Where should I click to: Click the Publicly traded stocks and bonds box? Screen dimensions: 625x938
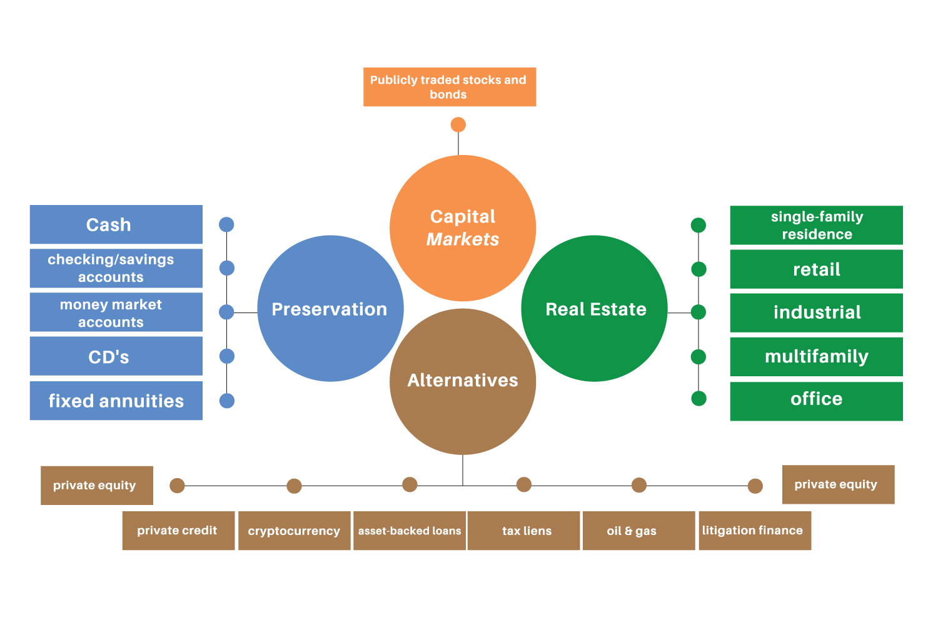tap(450, 87)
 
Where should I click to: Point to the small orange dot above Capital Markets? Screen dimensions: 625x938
tap(458, 125)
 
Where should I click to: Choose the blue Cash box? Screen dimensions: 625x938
tap(116, 224)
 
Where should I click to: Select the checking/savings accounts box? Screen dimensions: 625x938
tap(116, 268)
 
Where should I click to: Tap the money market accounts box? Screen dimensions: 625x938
tap(116, 312)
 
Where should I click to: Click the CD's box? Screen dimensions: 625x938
tap(116, 356)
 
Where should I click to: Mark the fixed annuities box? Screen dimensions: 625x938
tap(116, 401)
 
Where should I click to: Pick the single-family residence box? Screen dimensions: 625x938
tap(816, 225)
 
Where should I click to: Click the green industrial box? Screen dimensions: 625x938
tap(816, 312)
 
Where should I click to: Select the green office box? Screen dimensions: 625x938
tap(816, 401)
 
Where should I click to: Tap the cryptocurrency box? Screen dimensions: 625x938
tap(295, 531)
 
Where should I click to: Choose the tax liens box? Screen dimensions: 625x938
tap(524, 531)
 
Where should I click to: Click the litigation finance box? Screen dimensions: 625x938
tap(755, 531)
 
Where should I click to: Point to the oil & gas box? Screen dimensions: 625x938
tap(638, 531)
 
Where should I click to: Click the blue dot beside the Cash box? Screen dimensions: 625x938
tap(227, 224)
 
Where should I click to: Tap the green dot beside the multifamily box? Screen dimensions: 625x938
tap(698, 357)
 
